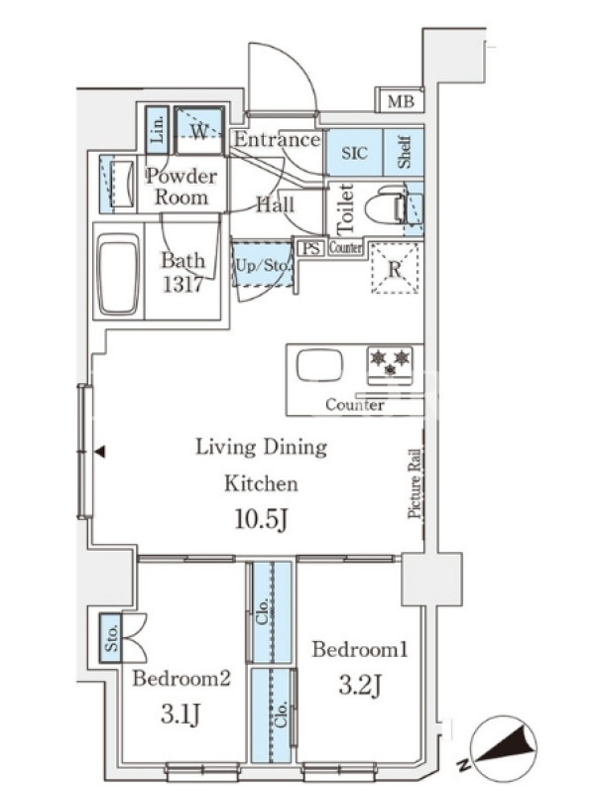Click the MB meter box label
pyautogui.click(x=401, y=102)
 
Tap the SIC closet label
pyautogui.click(x=354, y=153)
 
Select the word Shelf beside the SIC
pyautogui.click(x=404, y=152)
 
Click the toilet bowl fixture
pyautogui.click(x=386, y=204)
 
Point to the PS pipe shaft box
pyautogui.click(x=310, y=249)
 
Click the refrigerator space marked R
pyautogui.click(x=395, y=268)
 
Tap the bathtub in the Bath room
pyautogui.click(x=119, y=274)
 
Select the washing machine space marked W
pyautogui.click(x=199, y=130)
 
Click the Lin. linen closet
pyautogui.click(x=157, y=130)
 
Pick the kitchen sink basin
pyautogui.click(x=319, y=365)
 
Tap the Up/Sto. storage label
pyautogui.click(x=263, y=265)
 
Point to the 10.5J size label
pyautogui.click(x=262, y=518)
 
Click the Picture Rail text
pyautogui.click(x=415, y=483)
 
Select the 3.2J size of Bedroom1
pyautogui.click(x=360, y=686)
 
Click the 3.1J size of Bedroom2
pyautogui.click(x=181, y=715)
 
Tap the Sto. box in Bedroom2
pyautogui.click(x=111, y=638)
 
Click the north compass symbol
pyautogui.click(x=503, y=748)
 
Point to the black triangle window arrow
pyautogui.click(x=100, y=452)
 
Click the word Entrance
pyautogui.click(x=277, y=139)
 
